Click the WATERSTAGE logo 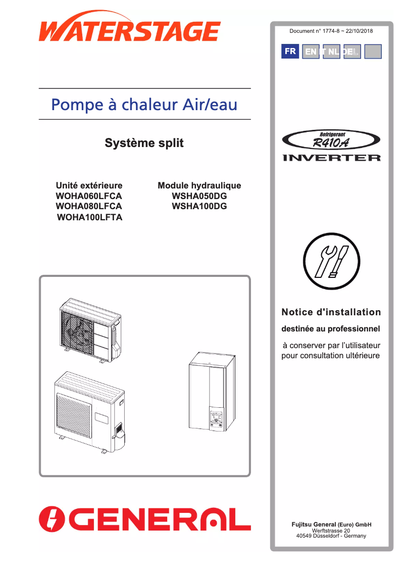[130, 31]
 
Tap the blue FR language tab [290, 52]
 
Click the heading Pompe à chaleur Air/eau [144, 105]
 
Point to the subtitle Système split [144, 143]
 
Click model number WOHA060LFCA [89, 196]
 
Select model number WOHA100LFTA [90, 217]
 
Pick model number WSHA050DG [199, 196]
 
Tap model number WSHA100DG [199, 206]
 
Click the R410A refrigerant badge [331, 140]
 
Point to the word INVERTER [331, 158]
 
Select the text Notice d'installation [331, 312]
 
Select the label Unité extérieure [89, 185]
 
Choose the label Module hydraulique [199, 185]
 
